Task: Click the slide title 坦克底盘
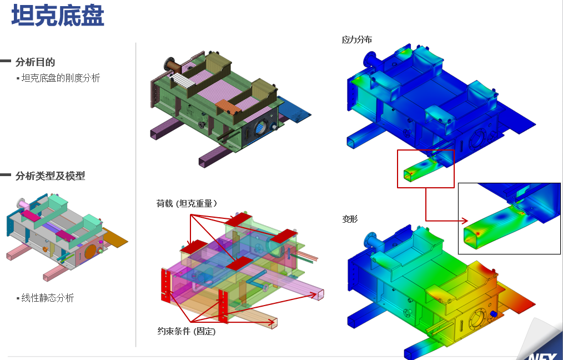tap(58, 16)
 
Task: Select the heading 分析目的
tap(35, 62)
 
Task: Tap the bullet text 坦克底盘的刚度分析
tap(61, 78)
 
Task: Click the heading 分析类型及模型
tap(51, 176)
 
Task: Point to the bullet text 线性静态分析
tap(47, 298)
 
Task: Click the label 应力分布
tap(356, 39)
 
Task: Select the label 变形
tap(350, 219)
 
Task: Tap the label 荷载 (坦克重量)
tap(187, 204)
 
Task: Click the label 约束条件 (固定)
tap(187, 331)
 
